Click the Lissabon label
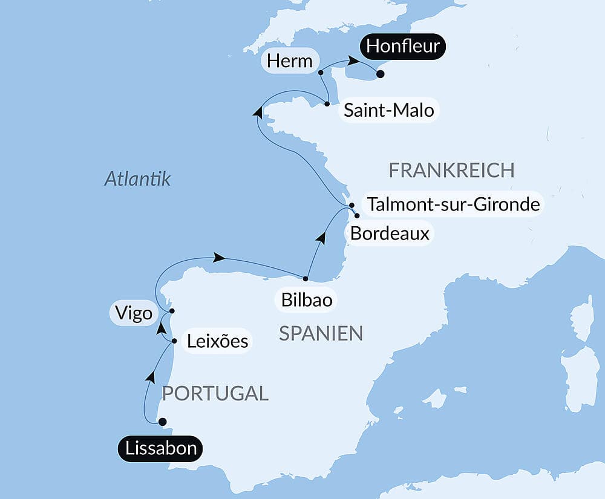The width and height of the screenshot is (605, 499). click(160, 449)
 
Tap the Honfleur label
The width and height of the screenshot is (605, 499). click(403, 47)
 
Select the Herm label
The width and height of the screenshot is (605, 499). click(290, 60)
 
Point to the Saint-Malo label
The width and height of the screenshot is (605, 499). click(388, 111)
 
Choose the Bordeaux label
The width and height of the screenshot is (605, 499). click(390, 233)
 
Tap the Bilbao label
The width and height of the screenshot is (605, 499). click(306, 299)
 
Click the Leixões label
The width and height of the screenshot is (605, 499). click(217, 341)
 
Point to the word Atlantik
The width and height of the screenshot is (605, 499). click(137, 179)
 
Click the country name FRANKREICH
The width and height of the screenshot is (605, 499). click(451, 171)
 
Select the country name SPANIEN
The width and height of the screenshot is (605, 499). click(321, 333)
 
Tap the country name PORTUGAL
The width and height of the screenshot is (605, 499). click(215, 393)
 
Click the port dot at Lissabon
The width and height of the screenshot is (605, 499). click(162, 422)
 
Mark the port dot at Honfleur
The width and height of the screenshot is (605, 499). click(380, 74)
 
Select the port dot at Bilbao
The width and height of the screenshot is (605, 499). click(306, 279)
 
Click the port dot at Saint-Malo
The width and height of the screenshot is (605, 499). click(327, 104)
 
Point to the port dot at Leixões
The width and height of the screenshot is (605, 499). click(174, 341)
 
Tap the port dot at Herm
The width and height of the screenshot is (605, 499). click(321, 73)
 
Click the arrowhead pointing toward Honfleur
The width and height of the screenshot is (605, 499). click(351, 61)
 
